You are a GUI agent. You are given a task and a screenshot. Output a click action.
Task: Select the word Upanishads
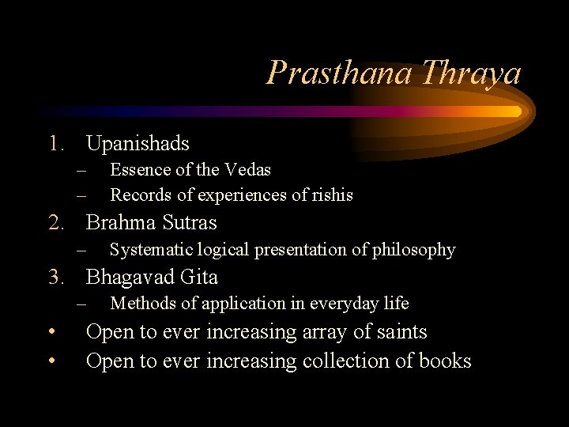(138, 143)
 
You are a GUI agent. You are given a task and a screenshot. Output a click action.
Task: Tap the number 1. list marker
(57, 143)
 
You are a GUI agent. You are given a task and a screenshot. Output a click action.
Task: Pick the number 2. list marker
(57, 222)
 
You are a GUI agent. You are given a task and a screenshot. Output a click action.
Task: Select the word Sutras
(189, 222)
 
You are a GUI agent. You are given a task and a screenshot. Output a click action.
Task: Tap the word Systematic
(149, 250)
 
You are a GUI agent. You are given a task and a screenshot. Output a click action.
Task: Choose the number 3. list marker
(57, 277)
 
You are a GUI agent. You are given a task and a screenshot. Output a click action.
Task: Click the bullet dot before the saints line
(51, 332)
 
